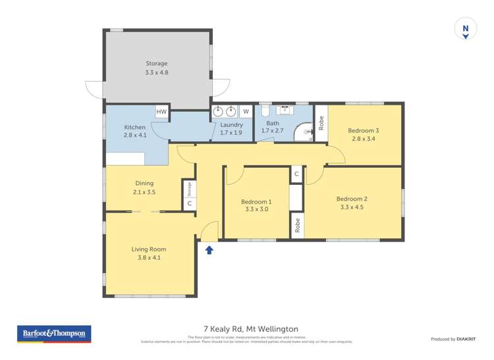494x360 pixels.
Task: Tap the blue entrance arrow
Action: (x=209, y=249)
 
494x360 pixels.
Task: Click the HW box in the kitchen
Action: (x=161, y=113)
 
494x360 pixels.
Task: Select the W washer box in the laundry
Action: (x=245, y=112)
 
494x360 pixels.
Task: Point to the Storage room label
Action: (x=157, y=64)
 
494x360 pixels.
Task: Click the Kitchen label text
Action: (x=134, y=127)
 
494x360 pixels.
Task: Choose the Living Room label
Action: (x=149, y=249)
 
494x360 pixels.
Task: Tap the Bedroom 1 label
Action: (x=256, y=201)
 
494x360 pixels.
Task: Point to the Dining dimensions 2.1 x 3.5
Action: (x=144, y=192)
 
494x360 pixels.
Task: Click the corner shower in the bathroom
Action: (x=304, y=133)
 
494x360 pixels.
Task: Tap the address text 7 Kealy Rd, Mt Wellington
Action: (x=252, y=329)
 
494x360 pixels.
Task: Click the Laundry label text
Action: (x=232, y=124)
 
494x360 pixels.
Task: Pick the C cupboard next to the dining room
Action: (x=189, y=203)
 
